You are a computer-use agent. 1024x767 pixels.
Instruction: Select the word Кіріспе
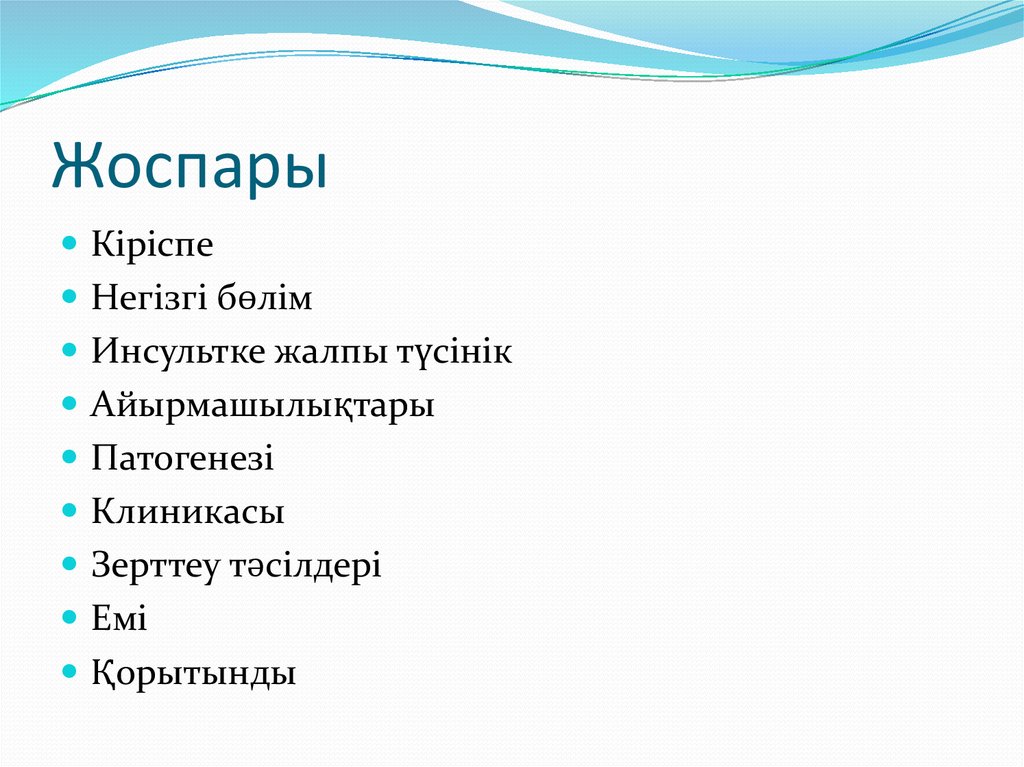pos(152,245)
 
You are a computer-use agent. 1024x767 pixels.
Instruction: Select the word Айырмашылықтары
pos(263,406)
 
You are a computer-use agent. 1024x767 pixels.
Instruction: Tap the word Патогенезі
pos(183,459)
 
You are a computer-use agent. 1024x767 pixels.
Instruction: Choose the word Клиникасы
pos(188,513)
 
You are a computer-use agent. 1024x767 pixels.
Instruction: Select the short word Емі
pos(119,620)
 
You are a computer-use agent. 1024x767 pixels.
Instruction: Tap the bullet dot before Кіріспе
pos(70,244)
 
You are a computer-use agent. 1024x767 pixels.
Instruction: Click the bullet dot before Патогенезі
pos(70,458)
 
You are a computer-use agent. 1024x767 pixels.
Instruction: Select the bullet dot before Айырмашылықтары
pos(70,405)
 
